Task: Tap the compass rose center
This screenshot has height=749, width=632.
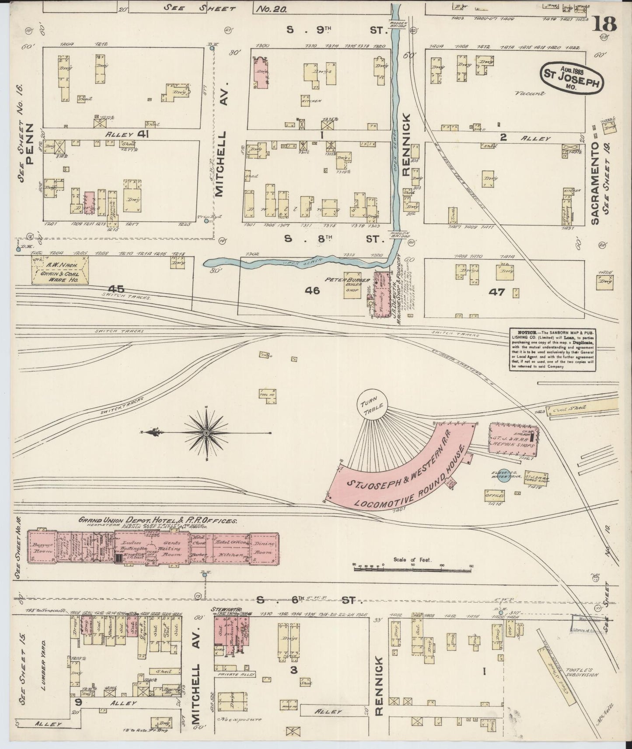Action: (x=206, y=432)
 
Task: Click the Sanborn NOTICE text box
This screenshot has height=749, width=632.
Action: (x=553, y=350)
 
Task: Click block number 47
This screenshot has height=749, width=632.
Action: (x=498, y=292)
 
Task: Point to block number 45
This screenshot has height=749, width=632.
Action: (x=117, y=289)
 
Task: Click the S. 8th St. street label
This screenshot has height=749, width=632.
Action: (x=335, y=239)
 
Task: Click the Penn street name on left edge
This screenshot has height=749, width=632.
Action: (x=30, y=142)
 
